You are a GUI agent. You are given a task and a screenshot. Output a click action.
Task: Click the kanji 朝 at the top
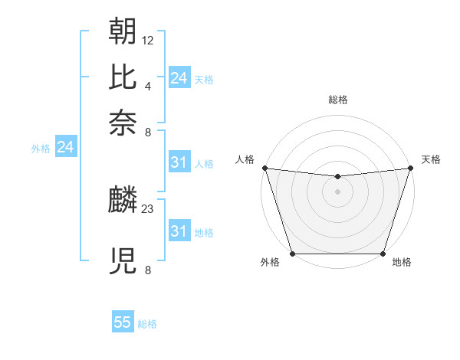[123, 31]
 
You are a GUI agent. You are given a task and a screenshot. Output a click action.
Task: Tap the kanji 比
[123, 77]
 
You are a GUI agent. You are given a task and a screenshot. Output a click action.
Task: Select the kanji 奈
[123, 123]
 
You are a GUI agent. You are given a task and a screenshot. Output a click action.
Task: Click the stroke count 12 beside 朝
[148, 39]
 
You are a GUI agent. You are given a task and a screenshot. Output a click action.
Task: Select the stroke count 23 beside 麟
[148, 208]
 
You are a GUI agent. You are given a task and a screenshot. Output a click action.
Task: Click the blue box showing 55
[123, 322]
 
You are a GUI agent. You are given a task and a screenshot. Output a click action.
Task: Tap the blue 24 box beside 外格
[65, 147]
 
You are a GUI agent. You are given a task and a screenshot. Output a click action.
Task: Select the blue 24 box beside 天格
[179, 77]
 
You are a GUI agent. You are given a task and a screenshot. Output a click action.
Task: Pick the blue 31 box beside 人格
[179, 162]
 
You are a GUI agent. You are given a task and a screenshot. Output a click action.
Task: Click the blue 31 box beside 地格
[179, 231]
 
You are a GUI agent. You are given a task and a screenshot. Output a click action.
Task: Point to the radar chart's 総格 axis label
[337, 100]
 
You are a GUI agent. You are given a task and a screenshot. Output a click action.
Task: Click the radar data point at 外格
[292, 253]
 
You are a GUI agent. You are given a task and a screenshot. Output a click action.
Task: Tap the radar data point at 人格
[264, 167]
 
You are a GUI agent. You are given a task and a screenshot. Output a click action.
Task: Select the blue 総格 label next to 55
[147, 324]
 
